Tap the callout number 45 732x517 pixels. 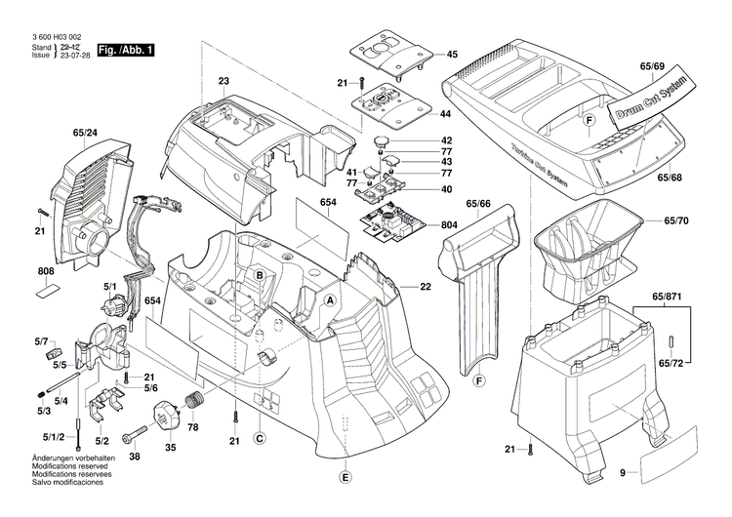(451, 55)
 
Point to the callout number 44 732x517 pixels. (446, 114)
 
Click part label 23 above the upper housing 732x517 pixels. (224, 81)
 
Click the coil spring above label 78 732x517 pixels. (195, 400)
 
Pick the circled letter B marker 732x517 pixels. (260, 277)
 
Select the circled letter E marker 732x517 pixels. (344, 477)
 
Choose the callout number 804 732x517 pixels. (449, 225)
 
